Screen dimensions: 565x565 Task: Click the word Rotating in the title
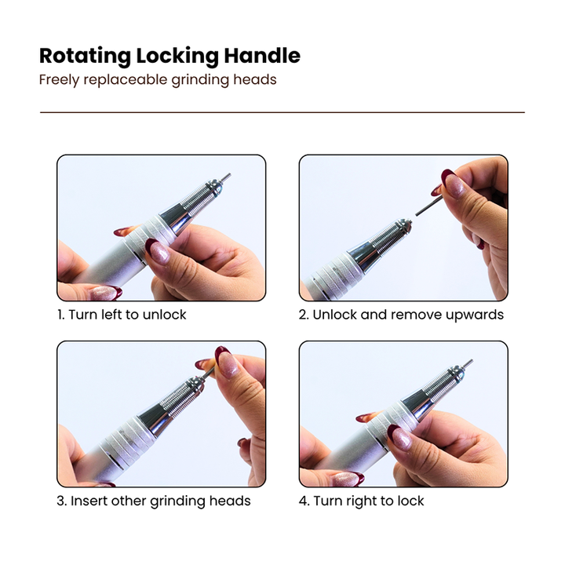point(85,56)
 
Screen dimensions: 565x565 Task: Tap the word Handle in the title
point(262,56)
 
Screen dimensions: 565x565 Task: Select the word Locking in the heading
point(177,56)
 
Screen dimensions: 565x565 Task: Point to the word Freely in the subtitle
point(59,80)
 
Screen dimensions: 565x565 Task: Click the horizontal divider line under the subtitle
point(282,112)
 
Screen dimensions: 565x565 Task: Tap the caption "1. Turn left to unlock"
point(122,315)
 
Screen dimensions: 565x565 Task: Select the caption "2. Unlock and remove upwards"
point(401,315)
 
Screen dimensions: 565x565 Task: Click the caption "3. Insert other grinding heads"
point(154,501)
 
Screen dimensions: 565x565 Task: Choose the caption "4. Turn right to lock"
point(362,501)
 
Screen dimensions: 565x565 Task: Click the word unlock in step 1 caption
point(164,315)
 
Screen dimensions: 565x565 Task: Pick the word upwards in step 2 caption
point(475,315)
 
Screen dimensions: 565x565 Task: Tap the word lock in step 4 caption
point(410,501)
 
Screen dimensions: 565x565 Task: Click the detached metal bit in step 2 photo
point(428,206)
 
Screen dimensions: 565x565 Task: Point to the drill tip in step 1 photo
point(227,177)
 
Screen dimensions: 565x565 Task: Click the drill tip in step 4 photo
point(468,363)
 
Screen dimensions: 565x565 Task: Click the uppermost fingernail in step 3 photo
point(225,362)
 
